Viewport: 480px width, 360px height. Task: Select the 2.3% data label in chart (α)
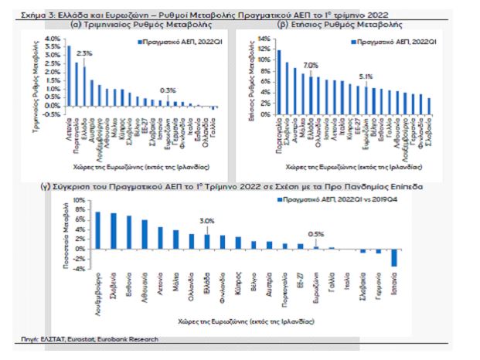pyautogui.click(x=84, y=53)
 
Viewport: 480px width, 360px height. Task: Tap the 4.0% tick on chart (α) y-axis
pyautogui.click(x=52, y=39)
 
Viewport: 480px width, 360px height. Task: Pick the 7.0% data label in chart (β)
pyautogui.click(x=311, y=65)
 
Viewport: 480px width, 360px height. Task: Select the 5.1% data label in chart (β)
pyautogui.click(x=366, y=76)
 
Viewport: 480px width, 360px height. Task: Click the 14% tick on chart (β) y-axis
pyautogui.click(x=264, y=39)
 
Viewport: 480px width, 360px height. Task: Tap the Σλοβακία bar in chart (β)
pyautogui.click(x=430, y=106)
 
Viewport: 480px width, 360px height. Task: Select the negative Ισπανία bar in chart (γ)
pyautogui.click(x=394, y=257)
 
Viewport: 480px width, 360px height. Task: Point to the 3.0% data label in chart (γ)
pyautogui.click(x=207, y=221)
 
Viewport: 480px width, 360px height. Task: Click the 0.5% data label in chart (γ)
pyautogui.click(x=316, y=234)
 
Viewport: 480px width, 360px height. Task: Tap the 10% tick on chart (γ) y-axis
pyautogui.click(x=78, y=200)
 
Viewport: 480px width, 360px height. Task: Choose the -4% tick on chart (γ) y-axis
pyautogui.click(x=78, y=267)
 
